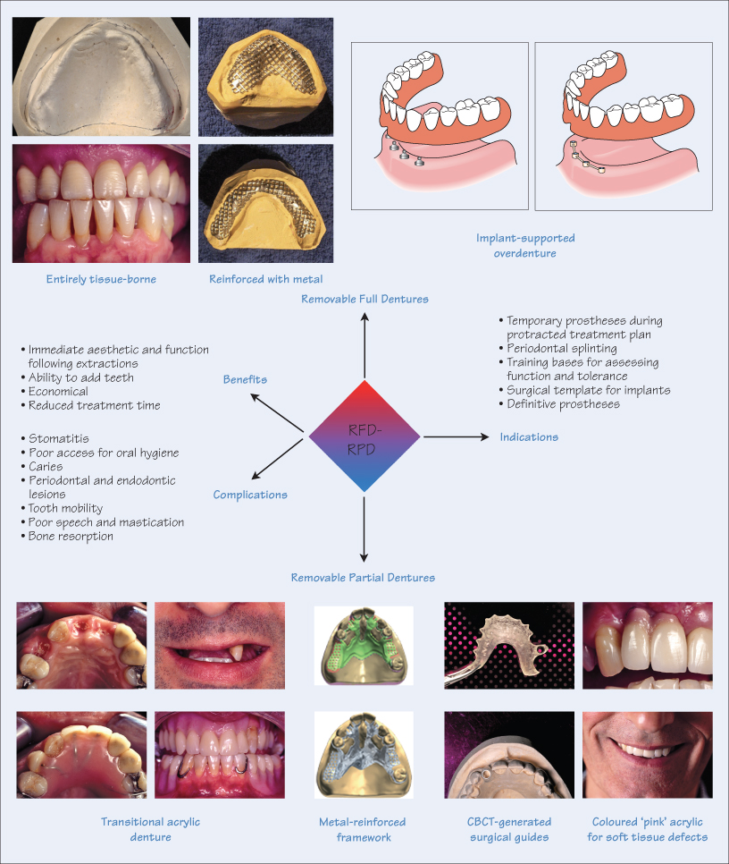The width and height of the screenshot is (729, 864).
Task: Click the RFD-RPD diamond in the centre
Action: [x=364, y=437]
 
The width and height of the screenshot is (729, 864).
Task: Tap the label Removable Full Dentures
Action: [x=364, y=299]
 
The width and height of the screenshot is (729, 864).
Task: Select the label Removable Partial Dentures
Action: [x=363, y=578]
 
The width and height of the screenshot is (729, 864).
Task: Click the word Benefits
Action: [x=245, y=380]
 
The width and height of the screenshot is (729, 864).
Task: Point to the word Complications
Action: [x=250, y=495]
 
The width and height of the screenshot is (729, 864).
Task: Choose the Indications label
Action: [x=530, y=437]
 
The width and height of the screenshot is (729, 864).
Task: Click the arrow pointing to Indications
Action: [x=456, y=437]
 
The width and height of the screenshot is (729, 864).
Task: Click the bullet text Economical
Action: [x=58, y=391]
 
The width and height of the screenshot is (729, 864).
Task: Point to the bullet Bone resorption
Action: [x=72, y=536]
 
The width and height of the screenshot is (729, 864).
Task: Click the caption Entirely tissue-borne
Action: [x=101, y=279]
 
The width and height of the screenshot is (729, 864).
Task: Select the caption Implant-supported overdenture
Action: [x=524, y=245]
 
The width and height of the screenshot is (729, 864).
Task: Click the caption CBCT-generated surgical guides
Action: [x=510, y=829]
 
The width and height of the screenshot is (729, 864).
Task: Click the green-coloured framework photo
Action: [x=363, y=645]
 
